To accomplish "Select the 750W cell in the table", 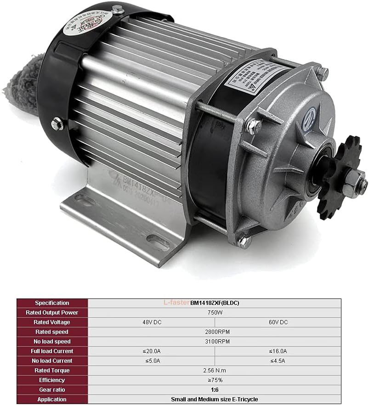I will [214, 313].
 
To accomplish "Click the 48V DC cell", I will [151, 322].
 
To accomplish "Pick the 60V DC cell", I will [278, 322].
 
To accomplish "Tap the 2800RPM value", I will [214, 332].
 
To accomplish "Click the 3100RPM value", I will [214, 342].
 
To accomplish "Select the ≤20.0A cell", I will [151, 351].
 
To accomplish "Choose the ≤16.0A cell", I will [278, 351].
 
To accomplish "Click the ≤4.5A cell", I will [278, 361].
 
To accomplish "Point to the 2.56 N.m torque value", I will [214, 371].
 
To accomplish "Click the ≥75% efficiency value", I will [214, 380].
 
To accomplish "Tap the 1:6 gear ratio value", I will [214, 390].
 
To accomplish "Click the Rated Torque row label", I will [52, 371].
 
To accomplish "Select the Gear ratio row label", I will [52, 390].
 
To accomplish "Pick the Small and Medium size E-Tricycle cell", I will [214, 399].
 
